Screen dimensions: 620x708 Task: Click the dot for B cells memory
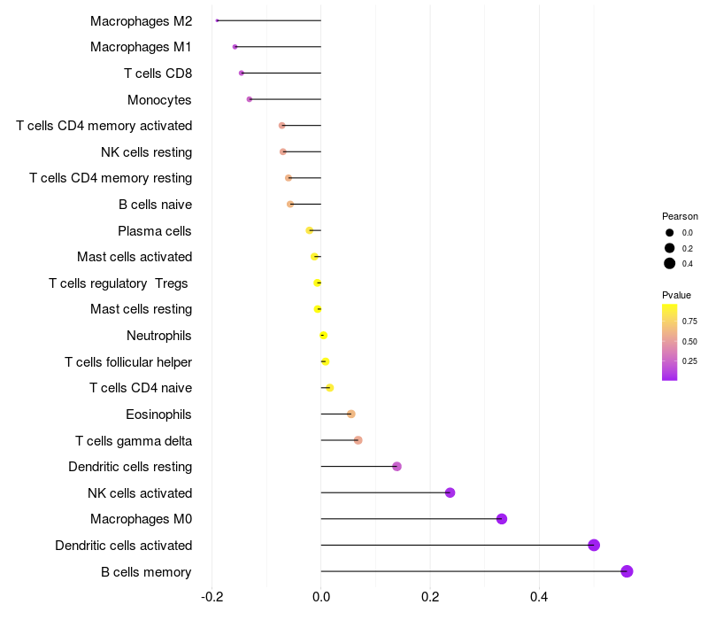[627, 571]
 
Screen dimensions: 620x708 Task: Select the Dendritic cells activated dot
[594, 545]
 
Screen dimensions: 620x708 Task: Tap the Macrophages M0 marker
[502, 519]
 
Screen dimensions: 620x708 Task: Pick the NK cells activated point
[450, 492]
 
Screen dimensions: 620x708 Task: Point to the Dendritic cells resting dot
[396, 467]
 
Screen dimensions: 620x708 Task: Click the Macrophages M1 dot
[235, 47]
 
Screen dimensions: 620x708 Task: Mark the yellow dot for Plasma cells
[309, 230]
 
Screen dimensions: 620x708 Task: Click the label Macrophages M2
[141, 20]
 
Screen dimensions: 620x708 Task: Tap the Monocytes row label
[159, 99]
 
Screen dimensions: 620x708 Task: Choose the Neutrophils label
[159, 336]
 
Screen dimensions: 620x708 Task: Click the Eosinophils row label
[159, 414]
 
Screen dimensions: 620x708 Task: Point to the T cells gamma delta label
[134, 440]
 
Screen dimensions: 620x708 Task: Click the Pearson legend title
[680, 216]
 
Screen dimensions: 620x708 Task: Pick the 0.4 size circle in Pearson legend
[670, 263]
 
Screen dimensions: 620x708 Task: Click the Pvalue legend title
[677, 295]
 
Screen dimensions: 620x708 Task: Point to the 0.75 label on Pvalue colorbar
[689, 322]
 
